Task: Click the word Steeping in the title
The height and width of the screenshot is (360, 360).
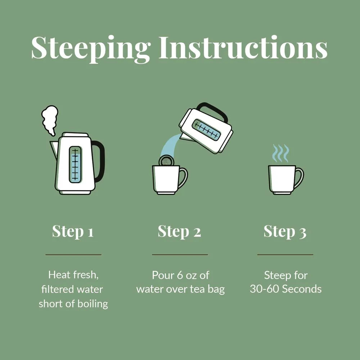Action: click(x=91, y=49)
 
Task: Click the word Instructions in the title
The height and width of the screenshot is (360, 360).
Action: click(x=243, y=47)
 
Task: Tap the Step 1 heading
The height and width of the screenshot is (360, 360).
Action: click(x=73, y=231)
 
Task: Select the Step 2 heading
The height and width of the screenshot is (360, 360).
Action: click(x=179, y=231)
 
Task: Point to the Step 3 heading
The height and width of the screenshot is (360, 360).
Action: click(x=285, y=231)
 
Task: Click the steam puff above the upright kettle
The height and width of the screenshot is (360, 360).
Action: click(x=50, y=120)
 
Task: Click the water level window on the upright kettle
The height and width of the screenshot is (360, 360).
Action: click(x=75, y=165)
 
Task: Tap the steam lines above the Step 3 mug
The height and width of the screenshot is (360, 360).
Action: click(x=280, y=153)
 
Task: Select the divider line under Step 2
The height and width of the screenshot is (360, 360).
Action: click(x=180, y=255)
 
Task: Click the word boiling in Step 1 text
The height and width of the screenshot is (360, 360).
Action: click(x=93, y=304)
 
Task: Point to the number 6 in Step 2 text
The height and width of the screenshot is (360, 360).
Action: click(x=180, y=275)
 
